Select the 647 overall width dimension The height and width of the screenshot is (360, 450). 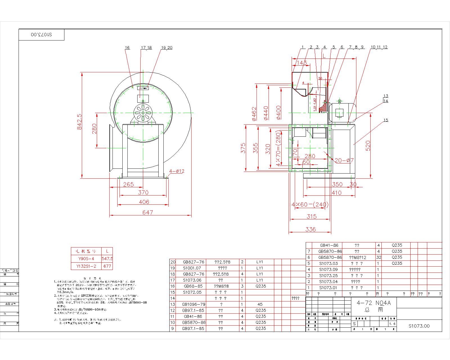click(x=147, y=212)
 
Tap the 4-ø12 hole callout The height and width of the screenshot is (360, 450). click(x=177, y=171)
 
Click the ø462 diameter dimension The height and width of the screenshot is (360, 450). click(x=254, y=114)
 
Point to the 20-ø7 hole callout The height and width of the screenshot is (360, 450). click(x=344, y=160)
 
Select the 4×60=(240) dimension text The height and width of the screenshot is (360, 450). click(x=310, y=204)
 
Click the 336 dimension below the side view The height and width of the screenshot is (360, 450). click(x=310, y=229)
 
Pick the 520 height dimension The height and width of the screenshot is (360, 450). click(x=368, y=146)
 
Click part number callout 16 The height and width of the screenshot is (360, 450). click(x=127, y=48)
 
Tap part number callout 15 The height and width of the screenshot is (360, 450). click(x=386, y=120)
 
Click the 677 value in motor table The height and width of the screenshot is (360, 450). click(x=107, y=266)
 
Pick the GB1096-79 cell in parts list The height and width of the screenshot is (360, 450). click(x=193, y=304)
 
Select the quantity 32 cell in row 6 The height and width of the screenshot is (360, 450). click(x=378, y=257)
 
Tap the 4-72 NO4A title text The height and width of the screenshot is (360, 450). click(x=373, y=303)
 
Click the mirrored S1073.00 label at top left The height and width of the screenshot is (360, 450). click(x=42, y=35)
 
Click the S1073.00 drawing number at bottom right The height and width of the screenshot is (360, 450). click(x=419, y=326)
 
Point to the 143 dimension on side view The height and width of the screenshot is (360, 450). click(x=301, y=63)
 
